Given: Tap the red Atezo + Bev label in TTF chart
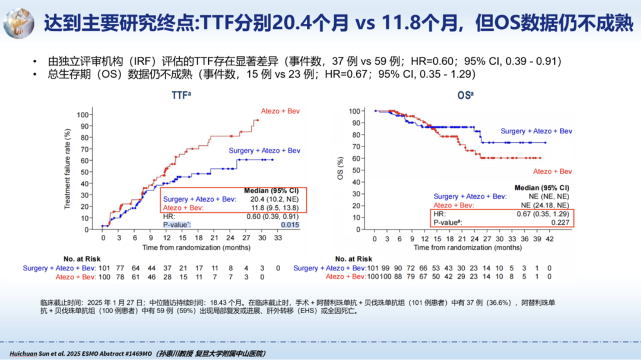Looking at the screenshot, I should tap(281, 111).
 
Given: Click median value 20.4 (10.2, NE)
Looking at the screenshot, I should tap(275, 199).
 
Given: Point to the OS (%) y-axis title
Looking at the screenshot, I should tap(341, 168).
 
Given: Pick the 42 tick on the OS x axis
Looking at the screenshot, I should tap(549, 238).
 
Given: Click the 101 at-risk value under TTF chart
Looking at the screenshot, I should tap(104, 268).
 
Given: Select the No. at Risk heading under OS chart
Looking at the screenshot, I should tap(354, 259).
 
